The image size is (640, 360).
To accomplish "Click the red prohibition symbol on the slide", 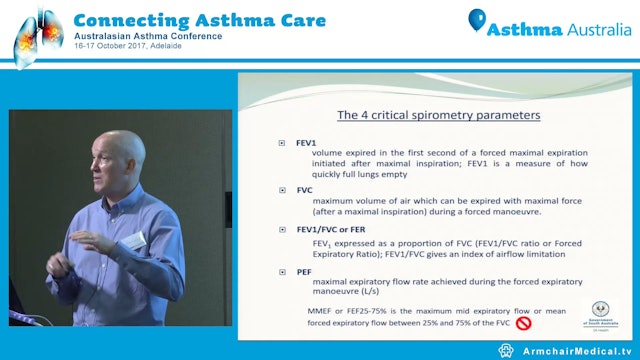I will [522, 322].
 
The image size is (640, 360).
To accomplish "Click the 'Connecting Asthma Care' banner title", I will [175, 19].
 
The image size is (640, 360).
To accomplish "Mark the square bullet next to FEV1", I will [283, 142].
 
